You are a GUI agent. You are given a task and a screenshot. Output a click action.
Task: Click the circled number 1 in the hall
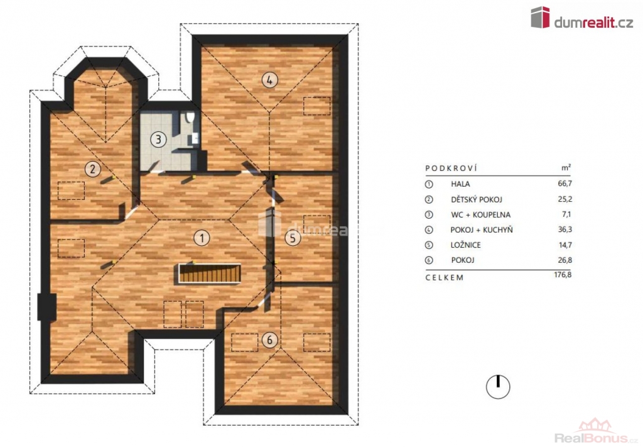tap(202, 238)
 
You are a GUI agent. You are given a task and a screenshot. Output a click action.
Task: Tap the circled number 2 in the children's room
tap(93, 168)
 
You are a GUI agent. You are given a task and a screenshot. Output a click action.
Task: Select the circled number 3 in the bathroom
tap(158, 139)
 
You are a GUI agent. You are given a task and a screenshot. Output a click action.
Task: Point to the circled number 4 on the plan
tap(269, 80)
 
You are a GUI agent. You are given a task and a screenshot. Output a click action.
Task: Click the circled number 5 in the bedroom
tap(293, 238)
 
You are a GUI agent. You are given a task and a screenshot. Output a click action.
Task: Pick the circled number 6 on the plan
tap(269, 340)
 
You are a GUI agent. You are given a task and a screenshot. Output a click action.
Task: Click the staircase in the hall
tap(210, 273)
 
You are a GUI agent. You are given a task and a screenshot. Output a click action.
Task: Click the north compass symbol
tap(498, 387)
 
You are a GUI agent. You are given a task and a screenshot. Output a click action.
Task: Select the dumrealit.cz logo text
tap(594, 23)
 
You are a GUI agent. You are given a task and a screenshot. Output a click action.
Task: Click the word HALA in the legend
tap(460, 184)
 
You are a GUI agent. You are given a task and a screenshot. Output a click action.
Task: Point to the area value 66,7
tap(565, 184)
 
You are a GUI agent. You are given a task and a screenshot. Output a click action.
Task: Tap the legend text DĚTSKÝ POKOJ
tap(477, 199)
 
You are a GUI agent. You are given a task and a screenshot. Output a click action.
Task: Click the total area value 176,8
tap(563, 275)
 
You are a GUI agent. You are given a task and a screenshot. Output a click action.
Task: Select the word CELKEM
tap(445, 277)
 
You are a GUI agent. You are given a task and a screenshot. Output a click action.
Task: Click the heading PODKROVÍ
tap(451, 168)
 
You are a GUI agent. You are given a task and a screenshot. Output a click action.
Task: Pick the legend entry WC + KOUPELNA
tap(480, 214)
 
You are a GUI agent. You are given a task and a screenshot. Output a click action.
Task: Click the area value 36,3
tap(565, 229)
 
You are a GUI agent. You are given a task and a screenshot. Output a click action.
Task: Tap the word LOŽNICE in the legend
tap(466, 245)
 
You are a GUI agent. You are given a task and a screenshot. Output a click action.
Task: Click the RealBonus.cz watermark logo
tap(597, 433)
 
